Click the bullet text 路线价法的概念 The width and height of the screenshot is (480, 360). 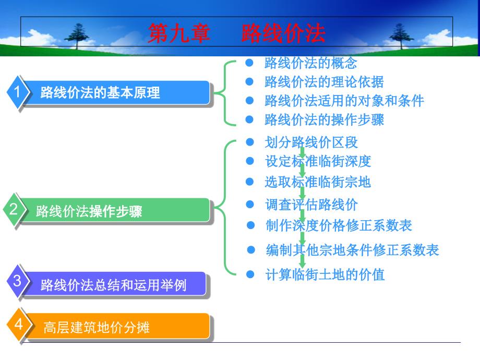point(310,63)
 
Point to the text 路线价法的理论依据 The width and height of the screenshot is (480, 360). point(324,82)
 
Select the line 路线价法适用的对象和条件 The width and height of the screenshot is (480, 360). point(344,101)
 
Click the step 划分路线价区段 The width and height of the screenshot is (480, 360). point(311,142)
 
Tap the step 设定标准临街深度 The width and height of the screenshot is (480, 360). point(318,161)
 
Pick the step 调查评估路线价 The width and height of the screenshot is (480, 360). point(311,204)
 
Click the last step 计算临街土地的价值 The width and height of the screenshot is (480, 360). point(325,274)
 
